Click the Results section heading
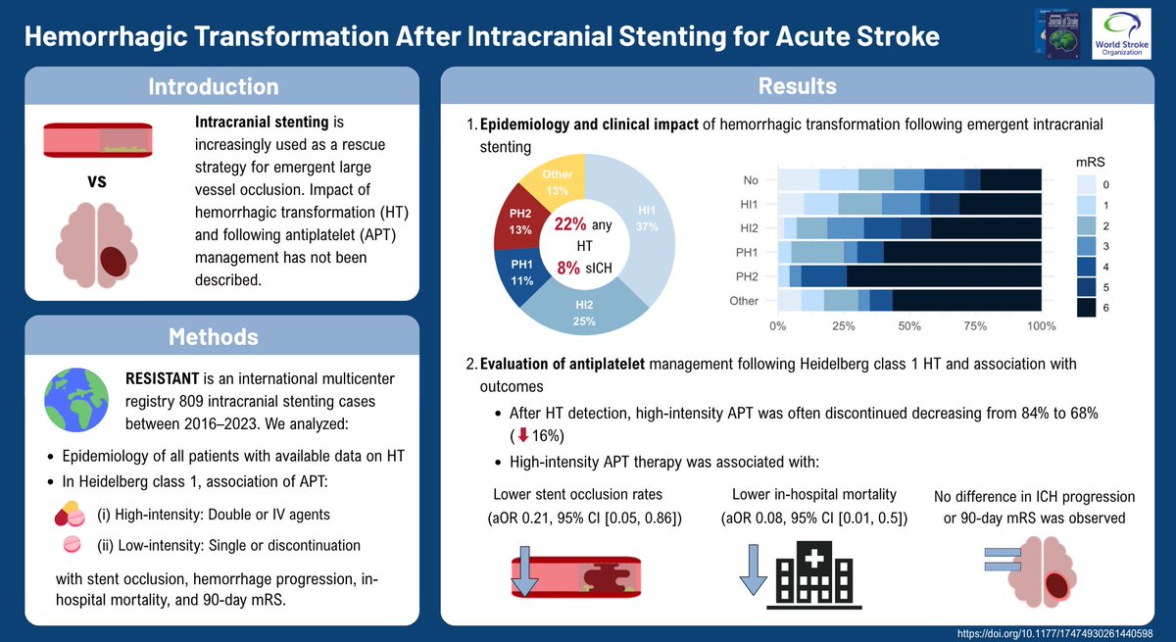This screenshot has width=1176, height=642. (798, 86)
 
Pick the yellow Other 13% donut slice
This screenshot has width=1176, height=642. (558, 181)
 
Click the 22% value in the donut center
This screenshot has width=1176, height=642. (570, 224)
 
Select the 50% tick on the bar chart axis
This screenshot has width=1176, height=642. (909, 325)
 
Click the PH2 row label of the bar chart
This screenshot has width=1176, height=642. (746, 276)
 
